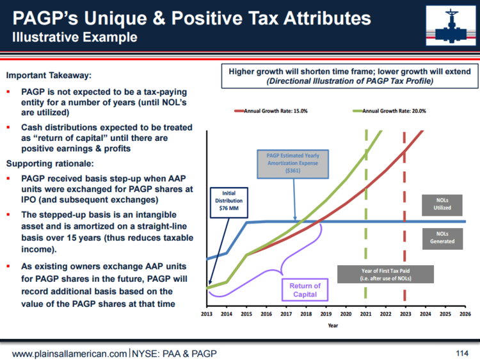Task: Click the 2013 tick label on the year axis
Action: [207, 315]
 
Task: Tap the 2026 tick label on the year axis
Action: [465, 315]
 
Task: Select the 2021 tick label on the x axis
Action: [365, 315]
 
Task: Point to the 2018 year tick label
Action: [306, 315]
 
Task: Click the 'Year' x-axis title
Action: [333, 325]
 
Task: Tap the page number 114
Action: [462, 353]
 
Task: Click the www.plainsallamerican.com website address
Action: [70, 354]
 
